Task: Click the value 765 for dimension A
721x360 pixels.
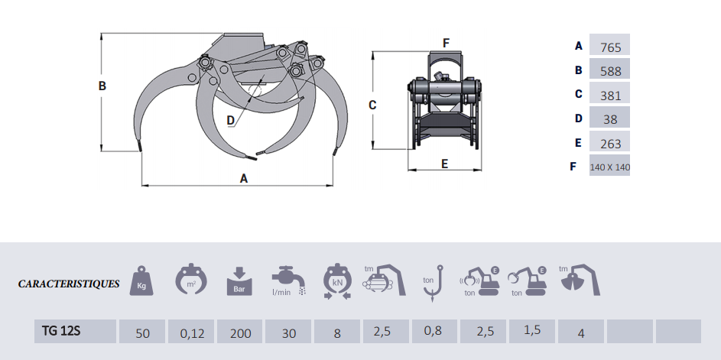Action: coord(611,47)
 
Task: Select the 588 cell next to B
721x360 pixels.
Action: coord(611,71)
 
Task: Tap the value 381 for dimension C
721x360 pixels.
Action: coord(611,96)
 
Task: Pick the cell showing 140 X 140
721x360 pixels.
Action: coord(609,167)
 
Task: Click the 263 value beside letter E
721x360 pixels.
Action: coord(611,144)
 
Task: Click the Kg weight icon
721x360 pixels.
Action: coord(141,280)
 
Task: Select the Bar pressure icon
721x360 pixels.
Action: coord(239,281)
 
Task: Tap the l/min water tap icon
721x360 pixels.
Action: coord(288,281)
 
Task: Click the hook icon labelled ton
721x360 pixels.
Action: coord(433,282)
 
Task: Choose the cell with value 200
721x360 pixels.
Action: coord(240,332)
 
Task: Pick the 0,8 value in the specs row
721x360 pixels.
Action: coord(434,331)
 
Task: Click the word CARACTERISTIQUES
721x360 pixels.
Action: coord(69,284)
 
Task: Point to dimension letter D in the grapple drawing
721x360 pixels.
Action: coord(231,121)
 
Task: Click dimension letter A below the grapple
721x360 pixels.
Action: coord(244,178)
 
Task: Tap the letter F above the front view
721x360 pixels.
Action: coord(446,44)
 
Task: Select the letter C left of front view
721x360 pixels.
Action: coord(372,105)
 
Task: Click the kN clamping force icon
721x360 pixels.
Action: coord(337,281)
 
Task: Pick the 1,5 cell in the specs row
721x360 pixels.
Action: coord(532,330)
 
